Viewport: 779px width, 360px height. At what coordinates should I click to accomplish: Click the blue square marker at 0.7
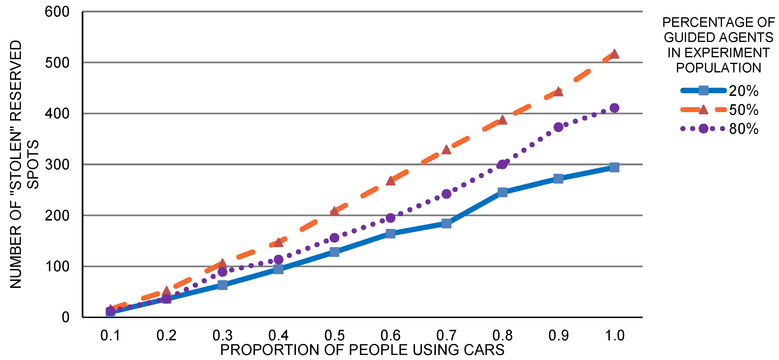(446, 224)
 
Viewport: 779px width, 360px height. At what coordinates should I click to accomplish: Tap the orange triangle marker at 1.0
(614, 54)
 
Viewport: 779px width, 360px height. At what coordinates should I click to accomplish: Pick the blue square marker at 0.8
(502, 192)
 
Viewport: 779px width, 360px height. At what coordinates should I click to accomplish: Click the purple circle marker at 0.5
(334, 238)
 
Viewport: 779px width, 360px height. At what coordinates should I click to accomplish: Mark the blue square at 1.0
(614, 167)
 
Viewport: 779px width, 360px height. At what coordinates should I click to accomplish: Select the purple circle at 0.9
(558, 127)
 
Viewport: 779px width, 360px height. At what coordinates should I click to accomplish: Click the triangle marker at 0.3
(222, 263)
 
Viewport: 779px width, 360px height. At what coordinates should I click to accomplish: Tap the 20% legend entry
(743, 91)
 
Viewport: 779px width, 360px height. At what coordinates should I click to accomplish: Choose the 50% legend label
(743, 110)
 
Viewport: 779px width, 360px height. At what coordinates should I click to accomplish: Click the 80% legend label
(743, 129)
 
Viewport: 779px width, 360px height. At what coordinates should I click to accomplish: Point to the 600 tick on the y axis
(57, 12)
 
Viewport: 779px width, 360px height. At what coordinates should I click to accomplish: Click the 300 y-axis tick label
(57, 165)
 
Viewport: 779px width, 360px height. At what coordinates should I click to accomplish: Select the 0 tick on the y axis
(66, 318)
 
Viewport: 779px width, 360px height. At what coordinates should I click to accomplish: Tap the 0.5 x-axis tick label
(334, 336)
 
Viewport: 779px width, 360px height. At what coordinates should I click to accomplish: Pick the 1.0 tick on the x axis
(614, 336)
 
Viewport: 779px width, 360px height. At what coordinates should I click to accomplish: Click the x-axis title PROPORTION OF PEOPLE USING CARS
(362, 350)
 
